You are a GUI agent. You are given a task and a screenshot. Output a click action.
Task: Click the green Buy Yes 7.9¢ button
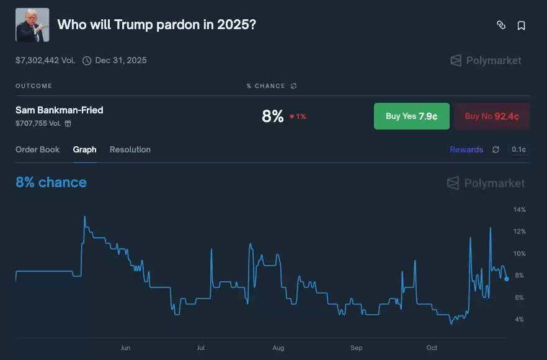[x=411, y=116]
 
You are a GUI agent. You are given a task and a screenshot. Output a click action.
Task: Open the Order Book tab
[x=38, y=149]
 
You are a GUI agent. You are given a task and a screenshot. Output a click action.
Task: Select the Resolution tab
[x=130, y=149]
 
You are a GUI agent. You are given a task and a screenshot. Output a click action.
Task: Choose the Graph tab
[x=85, y=149]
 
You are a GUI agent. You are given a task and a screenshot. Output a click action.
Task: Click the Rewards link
[x=466, y=149]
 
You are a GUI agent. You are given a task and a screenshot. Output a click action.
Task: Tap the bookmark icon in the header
[x=522, y=25]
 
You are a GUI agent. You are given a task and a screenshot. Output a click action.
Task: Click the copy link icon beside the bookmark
[x=501, y=25]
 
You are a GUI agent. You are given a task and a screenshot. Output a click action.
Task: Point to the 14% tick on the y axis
[x=519, y=209]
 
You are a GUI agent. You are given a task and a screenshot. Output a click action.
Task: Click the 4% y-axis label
[x=518, y=319]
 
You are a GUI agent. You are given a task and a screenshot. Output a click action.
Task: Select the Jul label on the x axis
[x=200, y=348]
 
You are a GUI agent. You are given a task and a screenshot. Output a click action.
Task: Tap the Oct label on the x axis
[x=432, y=348]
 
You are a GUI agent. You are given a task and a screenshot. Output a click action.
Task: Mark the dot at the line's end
[x=506, y=279]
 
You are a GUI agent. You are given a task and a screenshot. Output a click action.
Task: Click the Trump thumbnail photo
[x=32, y=25]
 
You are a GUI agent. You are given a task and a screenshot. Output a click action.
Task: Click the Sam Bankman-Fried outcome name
[x=60, y=110]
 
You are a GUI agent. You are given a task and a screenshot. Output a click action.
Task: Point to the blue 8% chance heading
[x=51, y=182]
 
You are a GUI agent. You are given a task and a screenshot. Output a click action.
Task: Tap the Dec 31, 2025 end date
[x=120, y=60]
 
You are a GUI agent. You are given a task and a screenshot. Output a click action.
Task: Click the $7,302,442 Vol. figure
[x=45, y=60]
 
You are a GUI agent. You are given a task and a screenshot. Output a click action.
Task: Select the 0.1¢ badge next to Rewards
[x=518, y=149]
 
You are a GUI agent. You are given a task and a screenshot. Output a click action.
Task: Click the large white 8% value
[x=272, y=116]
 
